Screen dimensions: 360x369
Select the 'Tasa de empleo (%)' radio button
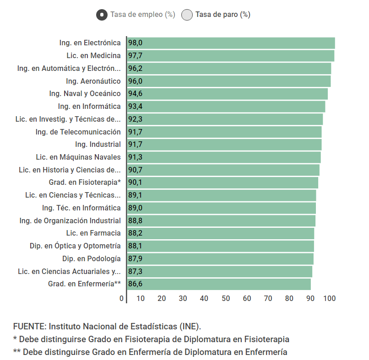coord(102,15)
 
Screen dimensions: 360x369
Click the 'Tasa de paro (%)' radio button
coord(187,15)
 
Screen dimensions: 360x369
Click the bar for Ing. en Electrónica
coord(231,43)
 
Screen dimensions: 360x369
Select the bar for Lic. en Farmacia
coord(220,233)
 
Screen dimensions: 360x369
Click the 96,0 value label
coord(135,81)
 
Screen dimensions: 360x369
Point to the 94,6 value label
coord(135,94)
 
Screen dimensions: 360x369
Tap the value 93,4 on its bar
coord(135,107)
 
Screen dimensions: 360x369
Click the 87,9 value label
coord(135,259)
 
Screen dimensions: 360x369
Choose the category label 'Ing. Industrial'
coord(98,145)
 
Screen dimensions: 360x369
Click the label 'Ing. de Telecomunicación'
coord(78,132)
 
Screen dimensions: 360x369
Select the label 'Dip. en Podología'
coord(92,259)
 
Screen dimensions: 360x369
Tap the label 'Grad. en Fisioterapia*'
coord(85,183)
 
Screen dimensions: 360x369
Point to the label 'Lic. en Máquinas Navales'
coord(78,157)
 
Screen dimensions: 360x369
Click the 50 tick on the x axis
coord(226,299)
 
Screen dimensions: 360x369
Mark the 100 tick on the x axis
coord(330,299)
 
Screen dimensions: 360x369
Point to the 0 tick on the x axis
coord(121,299)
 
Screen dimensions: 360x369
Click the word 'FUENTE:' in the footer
coord(30,327)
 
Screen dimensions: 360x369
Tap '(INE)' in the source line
coord(190,327)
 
